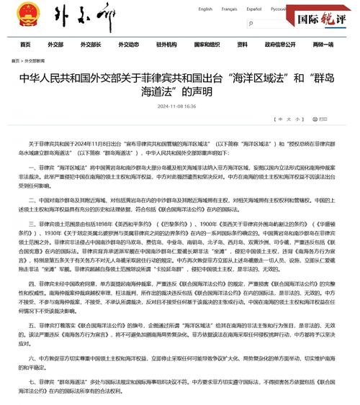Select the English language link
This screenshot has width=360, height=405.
205,9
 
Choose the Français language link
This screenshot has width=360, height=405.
229,9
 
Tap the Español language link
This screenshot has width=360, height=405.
253,9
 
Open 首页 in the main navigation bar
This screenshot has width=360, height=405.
26,45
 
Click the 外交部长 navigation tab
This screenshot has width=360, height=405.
90,45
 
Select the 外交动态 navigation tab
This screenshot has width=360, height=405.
128,45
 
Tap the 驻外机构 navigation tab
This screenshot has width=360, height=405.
166,45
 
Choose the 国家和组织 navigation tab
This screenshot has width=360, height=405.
207,45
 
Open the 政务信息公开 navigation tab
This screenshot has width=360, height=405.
279,45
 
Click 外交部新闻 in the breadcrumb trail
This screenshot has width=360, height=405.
45,61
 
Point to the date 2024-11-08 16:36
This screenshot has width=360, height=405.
176,106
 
